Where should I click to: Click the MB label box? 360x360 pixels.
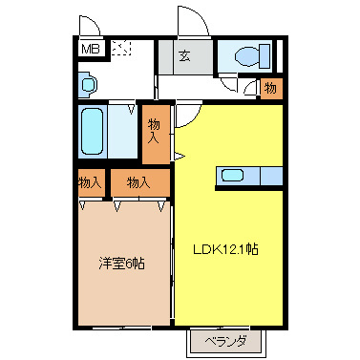pos(89,49)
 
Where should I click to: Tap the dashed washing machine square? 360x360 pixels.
pos(121,50)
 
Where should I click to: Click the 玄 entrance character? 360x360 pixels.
pos(185,56)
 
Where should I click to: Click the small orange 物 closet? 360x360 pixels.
pos(270,89)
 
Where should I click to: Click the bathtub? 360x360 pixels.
pos(93,135)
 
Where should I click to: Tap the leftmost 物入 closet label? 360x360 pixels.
pos(90,181)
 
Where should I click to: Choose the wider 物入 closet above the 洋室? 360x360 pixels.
pos(139,181)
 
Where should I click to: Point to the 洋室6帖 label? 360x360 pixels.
pos(122,264)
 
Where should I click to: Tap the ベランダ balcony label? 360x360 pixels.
pos(225,341)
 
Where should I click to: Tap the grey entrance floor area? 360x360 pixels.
pos(185,58)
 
